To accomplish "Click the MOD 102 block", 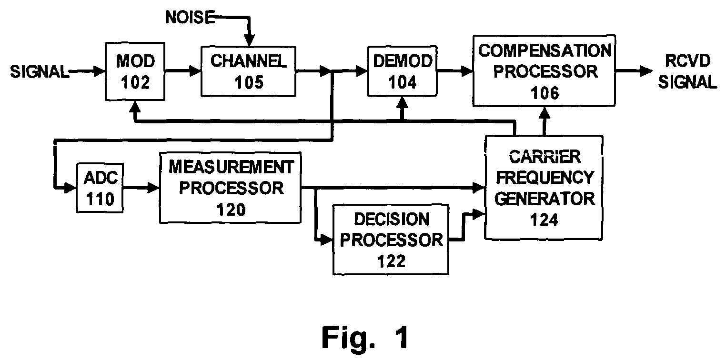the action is tap(135, 71).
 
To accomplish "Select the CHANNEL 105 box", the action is tap(248, 71).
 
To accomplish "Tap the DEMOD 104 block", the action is tap(402, 71).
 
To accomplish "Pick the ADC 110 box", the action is tap(100, 188).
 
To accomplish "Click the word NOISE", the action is tap(190, 17).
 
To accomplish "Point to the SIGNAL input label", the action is tap(40, 71).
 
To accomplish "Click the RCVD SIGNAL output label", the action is tap(687, 71).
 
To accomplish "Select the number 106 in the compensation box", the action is tap(545, 93).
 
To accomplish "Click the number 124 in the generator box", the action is tap(544, 220).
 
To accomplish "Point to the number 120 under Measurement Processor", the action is tap(231, 210).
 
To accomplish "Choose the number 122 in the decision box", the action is tap(391, 261).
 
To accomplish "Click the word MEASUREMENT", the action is tap(231, 167).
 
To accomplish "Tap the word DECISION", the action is tap(392, 220).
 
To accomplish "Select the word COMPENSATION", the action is tap(545, 51).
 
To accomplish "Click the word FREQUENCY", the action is tap(545, 178).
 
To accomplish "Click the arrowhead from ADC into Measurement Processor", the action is tap(153, 188).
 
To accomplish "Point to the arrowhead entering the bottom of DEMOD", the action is tap(402, 103).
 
